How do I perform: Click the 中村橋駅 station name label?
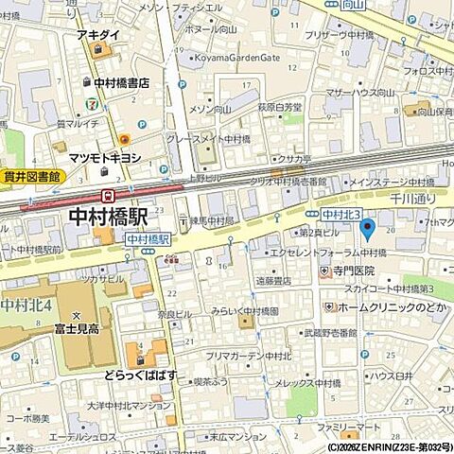(110, 217)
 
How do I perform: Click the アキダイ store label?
(98, 35)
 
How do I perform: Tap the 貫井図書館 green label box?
(29, 177)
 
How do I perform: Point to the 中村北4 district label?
(26, 305)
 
